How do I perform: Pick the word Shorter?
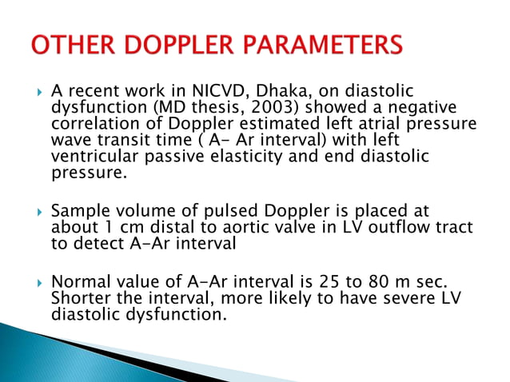(x=78, y=298)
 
